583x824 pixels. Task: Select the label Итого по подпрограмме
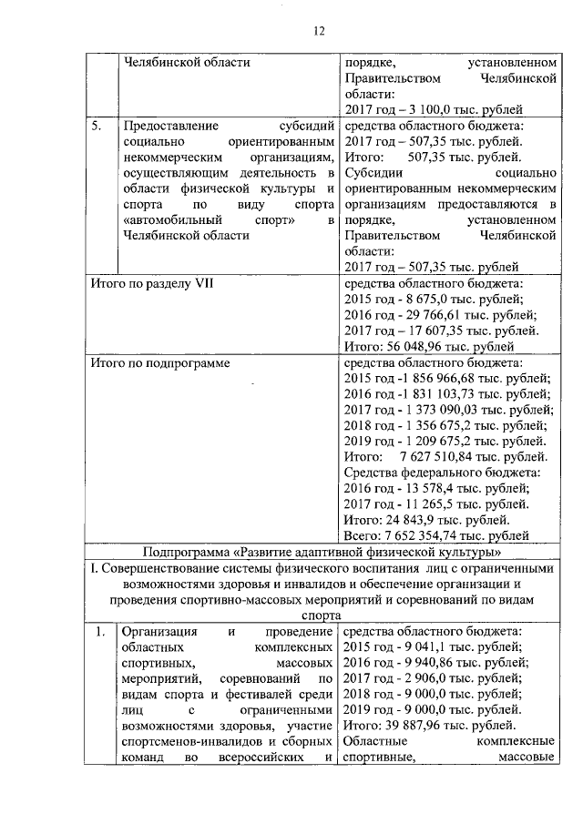pos(159,361)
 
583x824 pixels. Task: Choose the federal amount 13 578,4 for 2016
pos(433,488)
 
